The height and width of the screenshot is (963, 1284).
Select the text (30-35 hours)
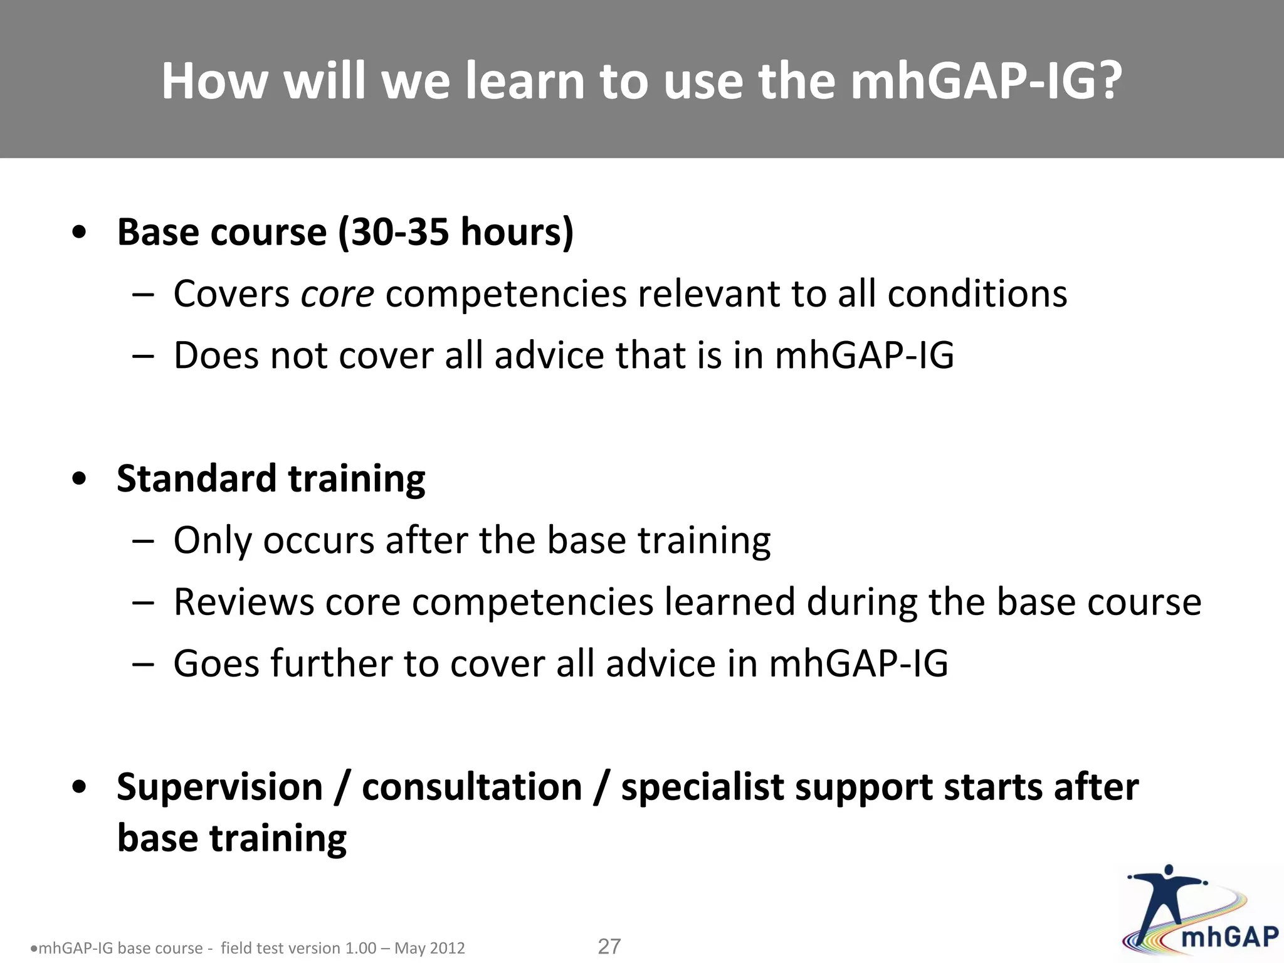(x=456, y=233)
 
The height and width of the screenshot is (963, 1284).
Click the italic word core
(x=337, y=294)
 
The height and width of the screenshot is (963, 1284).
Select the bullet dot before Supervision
(x=79, y=788)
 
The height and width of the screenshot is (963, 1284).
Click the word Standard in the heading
(x=196, y=478)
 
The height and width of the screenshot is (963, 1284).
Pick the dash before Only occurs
(x=143, y=541)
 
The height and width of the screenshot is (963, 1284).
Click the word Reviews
(x=243, y=603)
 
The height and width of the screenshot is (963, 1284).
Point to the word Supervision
(x=219, y=787)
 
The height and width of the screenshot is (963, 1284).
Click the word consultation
(x=472, y=787)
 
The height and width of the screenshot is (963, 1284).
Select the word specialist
(x=702, y=787)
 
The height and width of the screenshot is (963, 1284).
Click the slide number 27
(x=609, y=946)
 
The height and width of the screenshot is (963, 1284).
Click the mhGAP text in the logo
(x=1229, y=937)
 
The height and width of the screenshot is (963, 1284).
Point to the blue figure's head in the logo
(x=1168, y=871)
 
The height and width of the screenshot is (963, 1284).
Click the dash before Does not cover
(x=143, y=356)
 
